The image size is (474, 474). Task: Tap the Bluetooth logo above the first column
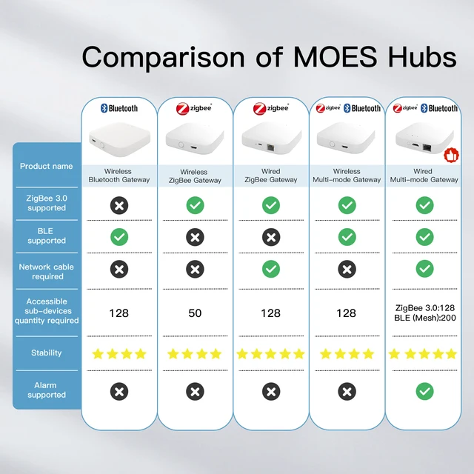click(118, 108)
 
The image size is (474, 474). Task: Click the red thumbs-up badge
click(448, 156)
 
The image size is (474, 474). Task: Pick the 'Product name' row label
click(47, 166)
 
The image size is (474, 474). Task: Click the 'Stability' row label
click(47, 353)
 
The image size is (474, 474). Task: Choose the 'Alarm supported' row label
click(47, 390)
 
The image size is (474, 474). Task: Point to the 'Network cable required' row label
click(47, 272)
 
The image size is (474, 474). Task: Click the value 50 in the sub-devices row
click(195, 313)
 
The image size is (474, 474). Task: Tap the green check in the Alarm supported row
click(424, 390)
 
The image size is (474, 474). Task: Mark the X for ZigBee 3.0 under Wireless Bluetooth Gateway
click(118, 205)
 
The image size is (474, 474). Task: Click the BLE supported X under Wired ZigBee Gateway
click(271, 237)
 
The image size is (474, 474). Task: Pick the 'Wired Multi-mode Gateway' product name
click(424, 176)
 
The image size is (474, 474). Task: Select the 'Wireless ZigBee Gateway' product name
click(195, 176)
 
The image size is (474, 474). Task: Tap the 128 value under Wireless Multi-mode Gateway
click(347, 313)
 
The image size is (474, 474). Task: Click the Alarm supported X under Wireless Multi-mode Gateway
click(347, 390)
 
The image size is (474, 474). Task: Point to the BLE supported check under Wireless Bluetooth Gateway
click(118, 237)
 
